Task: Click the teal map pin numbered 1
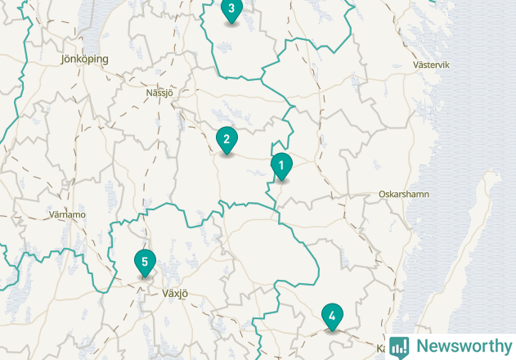[281, 166]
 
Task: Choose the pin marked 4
[332, 315]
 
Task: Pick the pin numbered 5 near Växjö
[145, 263]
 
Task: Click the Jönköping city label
[84, 59]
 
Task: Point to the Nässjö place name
[159, 92]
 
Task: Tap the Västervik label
[433, 65]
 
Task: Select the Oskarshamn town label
[404, 195]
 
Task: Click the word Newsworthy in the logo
[462, 346]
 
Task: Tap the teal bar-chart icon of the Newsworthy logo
[399, 347]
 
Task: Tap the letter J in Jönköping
[64, 59]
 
